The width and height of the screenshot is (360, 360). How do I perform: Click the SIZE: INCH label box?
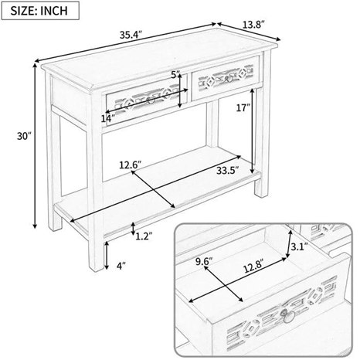[40, 11]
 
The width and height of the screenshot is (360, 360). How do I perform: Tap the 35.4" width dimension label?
[131, 35]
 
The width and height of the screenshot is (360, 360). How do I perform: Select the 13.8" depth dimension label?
[253, 25]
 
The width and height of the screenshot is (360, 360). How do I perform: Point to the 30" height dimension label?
[24, 136]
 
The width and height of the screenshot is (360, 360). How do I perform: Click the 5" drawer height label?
[175, 75]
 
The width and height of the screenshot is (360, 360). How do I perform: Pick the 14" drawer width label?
[108, 119]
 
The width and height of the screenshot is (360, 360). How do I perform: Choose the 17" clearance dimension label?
[243, 107]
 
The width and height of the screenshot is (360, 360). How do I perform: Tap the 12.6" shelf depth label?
[131, 165]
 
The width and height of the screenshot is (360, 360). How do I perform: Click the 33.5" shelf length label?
[227, 170]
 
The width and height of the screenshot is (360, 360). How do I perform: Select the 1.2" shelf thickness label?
[144, 236]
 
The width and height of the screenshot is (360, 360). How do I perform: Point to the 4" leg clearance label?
[121, 266]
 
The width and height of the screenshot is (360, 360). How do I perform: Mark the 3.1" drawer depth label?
[300, 247]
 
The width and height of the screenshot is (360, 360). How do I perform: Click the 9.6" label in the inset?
[204, 261]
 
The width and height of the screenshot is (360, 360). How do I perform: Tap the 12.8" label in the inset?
[253, 269]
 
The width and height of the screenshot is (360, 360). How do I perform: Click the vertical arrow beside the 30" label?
[35, 146]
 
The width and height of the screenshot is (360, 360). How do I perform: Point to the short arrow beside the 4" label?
[106, 256]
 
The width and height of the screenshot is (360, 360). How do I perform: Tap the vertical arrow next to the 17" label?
[253, 131]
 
